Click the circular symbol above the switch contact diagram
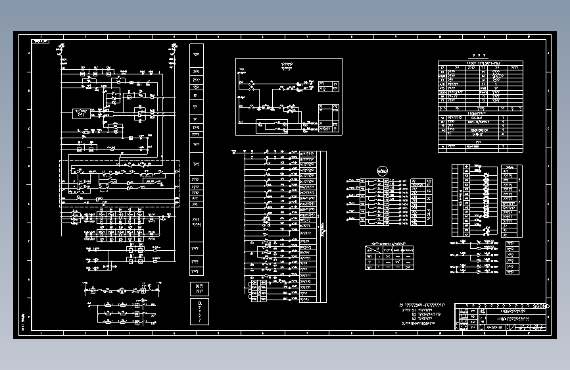tap(380, 170)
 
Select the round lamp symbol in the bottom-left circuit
tap(120, 290)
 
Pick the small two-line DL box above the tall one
tap(197, 288)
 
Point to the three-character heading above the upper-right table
tap(480, 55)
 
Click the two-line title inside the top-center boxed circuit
tap(287, 66)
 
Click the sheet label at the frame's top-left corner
tap(41, 41)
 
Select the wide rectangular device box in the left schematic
tap(81, 113)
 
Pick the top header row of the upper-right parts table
tap(480, 63)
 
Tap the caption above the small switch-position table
tap(390, 243)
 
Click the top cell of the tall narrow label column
tap(197, 50)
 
